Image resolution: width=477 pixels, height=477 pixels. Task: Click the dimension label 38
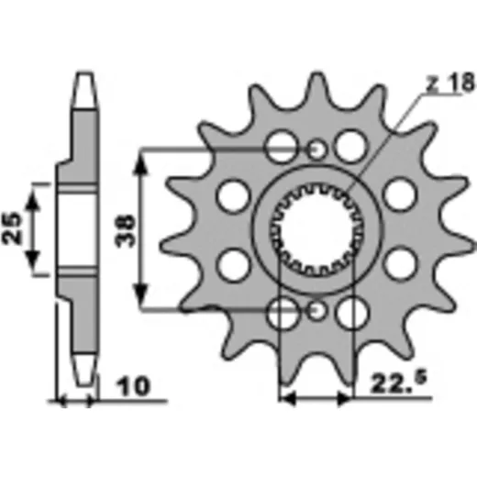125,230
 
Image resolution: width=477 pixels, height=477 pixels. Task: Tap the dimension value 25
12,227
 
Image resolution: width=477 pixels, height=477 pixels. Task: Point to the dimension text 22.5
398,383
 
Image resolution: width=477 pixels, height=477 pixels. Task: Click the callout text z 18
451,83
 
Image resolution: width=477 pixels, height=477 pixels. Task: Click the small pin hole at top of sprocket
316,150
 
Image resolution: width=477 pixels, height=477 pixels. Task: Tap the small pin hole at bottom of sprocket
316,311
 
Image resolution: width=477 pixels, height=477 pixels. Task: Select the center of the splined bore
317,230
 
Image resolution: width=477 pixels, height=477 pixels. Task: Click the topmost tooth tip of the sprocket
316,75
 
